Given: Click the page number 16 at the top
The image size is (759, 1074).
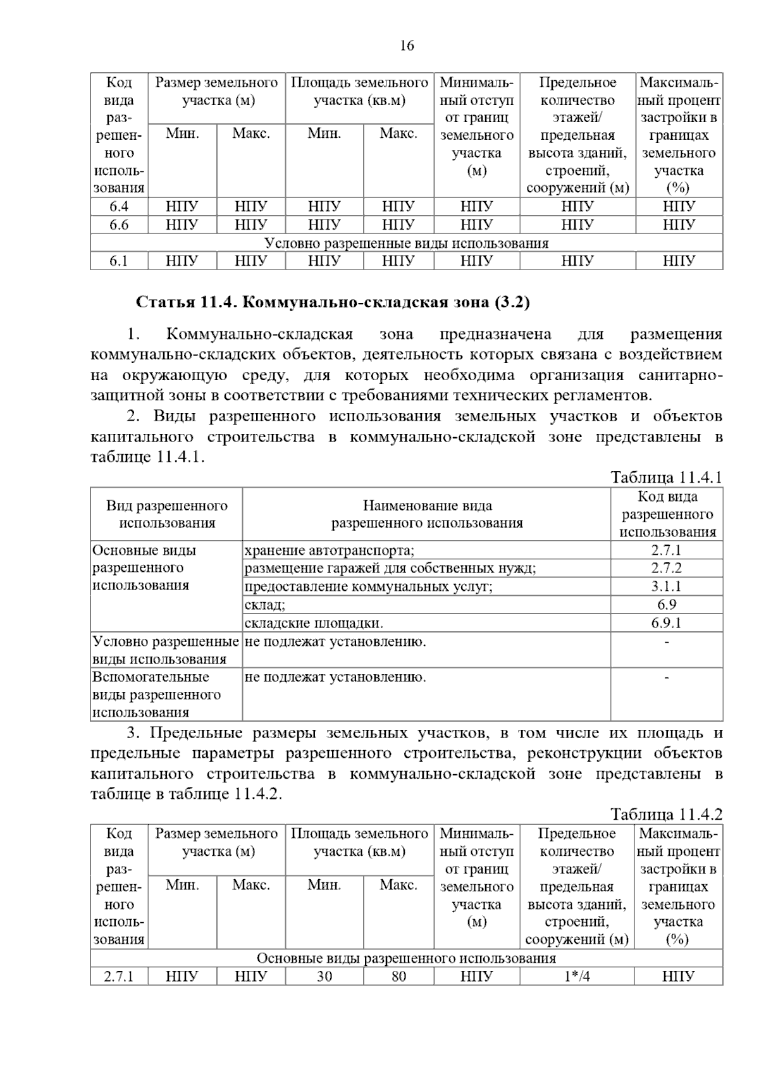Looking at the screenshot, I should tap(407, 46).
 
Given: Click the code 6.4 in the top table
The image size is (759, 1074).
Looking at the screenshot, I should tap(119, 207).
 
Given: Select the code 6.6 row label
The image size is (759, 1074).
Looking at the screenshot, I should tap(119, 225).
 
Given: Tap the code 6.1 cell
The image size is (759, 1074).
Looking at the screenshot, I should tap(119, 261).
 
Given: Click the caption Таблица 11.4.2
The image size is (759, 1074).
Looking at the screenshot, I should tap(666, 814).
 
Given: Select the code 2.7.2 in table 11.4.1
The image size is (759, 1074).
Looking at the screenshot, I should tap(667, 569).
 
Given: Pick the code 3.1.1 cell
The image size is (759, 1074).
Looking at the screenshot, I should tap(667, 587).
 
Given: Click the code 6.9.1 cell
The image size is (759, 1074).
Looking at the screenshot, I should tap(667, 624).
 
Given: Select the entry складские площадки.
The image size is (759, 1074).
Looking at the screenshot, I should tap(314, 624).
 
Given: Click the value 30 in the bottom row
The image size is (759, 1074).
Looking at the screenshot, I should tap(324, 977).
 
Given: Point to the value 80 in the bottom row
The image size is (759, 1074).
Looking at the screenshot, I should tap(398, 977).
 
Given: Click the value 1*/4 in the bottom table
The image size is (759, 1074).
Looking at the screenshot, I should tap(577, 977).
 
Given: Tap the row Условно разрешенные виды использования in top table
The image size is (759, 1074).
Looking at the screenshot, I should tap(406, 244).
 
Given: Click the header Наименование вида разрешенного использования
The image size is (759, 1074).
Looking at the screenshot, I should tap(427, 514).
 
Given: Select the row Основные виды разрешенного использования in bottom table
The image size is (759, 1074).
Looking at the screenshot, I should tap(406, 958).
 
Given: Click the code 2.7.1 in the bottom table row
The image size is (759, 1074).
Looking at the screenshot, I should tap(119, 977).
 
